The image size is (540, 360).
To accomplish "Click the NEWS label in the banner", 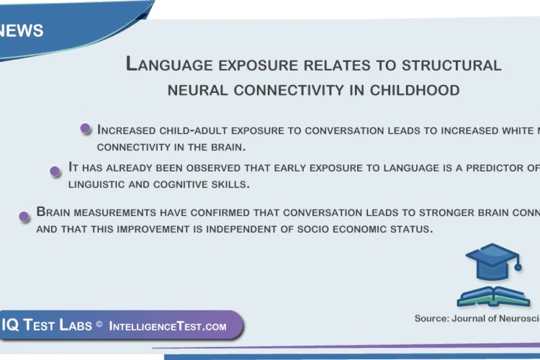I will (22, 30).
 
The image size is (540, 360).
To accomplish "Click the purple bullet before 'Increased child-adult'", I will (86, 129).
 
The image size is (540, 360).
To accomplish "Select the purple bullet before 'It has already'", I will (55, 171).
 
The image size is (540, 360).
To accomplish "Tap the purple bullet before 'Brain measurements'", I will (24, 215).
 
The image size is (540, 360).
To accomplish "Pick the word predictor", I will (482, 168).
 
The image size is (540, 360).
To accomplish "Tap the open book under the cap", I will (493, 296).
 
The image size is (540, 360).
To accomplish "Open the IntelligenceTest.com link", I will (168, 326).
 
